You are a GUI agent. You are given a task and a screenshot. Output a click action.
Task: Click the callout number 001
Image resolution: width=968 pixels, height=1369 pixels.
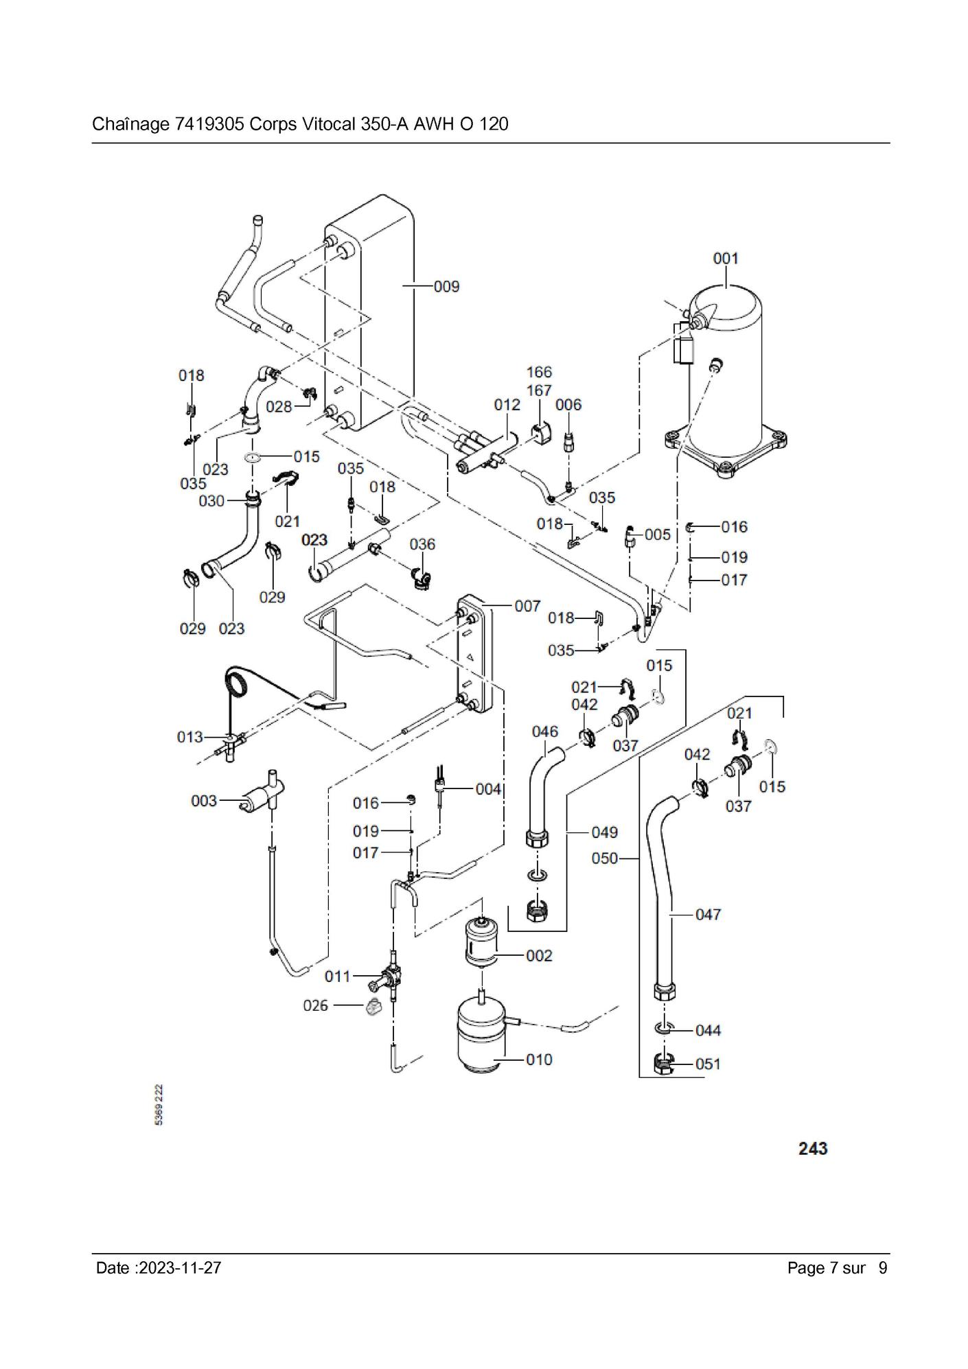point(725,259)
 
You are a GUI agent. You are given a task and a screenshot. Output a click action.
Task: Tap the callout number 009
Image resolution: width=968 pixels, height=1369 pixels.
point(446,286)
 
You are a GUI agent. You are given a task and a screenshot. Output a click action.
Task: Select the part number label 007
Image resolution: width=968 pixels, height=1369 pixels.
point(527,606)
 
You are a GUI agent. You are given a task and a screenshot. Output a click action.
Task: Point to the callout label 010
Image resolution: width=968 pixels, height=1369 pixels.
point(539,1060)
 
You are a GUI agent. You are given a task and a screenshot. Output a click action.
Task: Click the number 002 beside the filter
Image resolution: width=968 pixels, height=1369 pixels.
point(539,955)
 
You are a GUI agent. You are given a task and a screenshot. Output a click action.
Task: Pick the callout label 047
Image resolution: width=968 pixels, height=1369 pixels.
point(708,914)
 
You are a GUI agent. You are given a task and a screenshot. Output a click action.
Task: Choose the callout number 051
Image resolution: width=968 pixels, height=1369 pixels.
point(708,1064)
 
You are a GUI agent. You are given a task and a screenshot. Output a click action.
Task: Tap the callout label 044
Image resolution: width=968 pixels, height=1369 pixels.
point(708,1030)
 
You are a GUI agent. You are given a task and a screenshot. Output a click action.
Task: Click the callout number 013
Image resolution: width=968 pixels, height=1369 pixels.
point(190,737)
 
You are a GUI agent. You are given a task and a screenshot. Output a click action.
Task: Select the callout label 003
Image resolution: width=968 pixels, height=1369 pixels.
point(204,801)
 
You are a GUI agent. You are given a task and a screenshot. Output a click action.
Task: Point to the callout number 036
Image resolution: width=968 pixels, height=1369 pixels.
point(422,544)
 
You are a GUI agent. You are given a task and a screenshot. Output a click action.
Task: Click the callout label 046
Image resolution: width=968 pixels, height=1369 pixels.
point(544,732)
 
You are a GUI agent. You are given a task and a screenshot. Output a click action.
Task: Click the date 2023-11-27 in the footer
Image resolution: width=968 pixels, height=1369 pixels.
point(180,1267)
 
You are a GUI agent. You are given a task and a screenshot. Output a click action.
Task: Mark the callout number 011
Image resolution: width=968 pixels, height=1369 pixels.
point(338,976)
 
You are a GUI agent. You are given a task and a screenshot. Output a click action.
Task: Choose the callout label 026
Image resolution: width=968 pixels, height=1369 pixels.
point(316,1005)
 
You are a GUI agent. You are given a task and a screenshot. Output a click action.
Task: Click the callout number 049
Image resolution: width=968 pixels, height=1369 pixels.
point(604,832)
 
